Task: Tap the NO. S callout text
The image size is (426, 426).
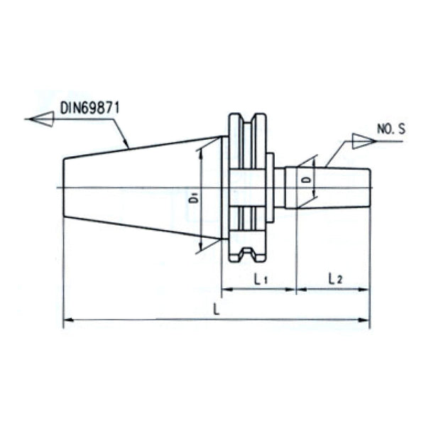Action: click(390, 129)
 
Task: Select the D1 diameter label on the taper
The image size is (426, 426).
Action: click(193, 200)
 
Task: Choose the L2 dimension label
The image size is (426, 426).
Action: click(335, 280)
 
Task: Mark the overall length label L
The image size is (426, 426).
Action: click(216, 309)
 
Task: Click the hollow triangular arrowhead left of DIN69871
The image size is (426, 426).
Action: click(40, 119)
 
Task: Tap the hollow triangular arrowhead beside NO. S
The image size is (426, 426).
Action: click(361, 141)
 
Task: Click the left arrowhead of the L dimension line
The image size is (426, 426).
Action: click(68, 320)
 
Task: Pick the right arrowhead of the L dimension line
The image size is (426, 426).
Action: click(366, 320)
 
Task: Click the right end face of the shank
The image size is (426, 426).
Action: click(370, 187)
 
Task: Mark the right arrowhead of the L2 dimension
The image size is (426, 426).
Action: click(366, 290)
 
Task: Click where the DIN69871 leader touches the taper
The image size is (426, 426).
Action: click(129, 147)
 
